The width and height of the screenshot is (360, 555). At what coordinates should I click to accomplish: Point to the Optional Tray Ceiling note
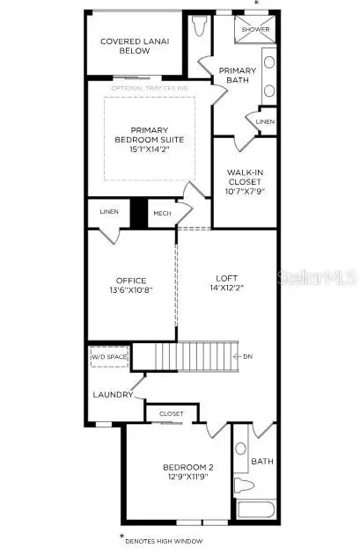coord(150,89)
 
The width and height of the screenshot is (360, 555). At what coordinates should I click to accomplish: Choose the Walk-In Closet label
coord(245,180)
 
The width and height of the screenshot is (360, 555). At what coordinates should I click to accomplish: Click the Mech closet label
coord(162,213)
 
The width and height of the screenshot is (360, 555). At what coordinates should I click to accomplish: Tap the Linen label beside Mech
coord(109,212)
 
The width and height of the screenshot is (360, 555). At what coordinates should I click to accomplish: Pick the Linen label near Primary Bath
coord(264,121)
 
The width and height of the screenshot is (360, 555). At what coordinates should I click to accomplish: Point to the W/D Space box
coord(109,356)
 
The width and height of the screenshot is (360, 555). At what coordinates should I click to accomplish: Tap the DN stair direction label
coord(248,357)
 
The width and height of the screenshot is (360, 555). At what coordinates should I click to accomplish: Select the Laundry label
coord(112,394)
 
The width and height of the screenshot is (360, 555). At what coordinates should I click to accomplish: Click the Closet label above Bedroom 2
coord(172,413)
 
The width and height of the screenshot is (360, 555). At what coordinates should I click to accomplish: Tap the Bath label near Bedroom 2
coord(262,461)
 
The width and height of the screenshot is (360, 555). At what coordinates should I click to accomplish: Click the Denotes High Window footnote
coord(164,540)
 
